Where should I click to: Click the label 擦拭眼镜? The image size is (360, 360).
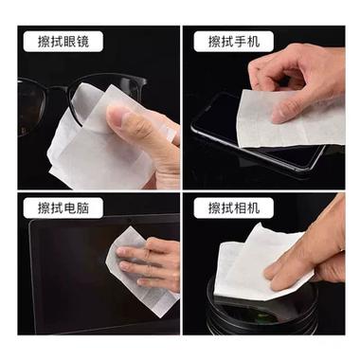pos(63,42)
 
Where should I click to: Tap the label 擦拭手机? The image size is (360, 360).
pos(233,42)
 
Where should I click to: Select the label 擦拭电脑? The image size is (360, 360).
pos(63,208)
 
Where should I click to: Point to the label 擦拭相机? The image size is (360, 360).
pos(233,208)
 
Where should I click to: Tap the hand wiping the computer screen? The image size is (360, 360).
pos(152,262)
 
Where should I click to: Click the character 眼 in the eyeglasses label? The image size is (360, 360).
pos(69,42)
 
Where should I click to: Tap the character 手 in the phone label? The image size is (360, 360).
pos(240,42)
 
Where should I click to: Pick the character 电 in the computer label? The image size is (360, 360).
pos(69,208)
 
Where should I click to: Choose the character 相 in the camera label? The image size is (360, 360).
pos(240,208)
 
